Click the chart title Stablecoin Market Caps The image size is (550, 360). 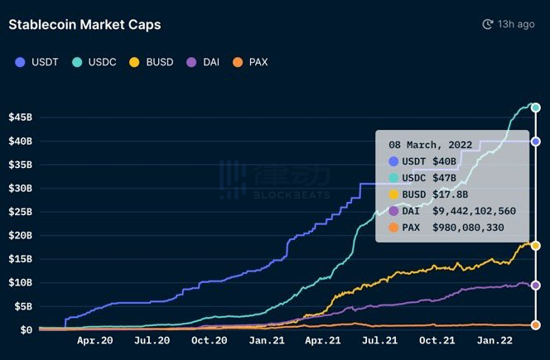[x=84, y=25]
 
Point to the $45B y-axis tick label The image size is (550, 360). [x=20, y=117]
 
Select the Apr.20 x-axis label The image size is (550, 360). [x=95, y=340]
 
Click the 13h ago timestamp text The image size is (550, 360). [x=516, y=25]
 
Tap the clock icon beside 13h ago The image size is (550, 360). [x=488, y=25]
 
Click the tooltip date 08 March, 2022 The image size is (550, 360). [x=431, y=145]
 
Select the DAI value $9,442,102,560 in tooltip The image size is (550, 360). [x=474, y=211]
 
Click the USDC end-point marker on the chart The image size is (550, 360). [x=536, y=108]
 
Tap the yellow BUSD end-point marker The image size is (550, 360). [x=536, y=246]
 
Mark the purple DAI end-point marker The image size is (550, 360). [x=536, y=286]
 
